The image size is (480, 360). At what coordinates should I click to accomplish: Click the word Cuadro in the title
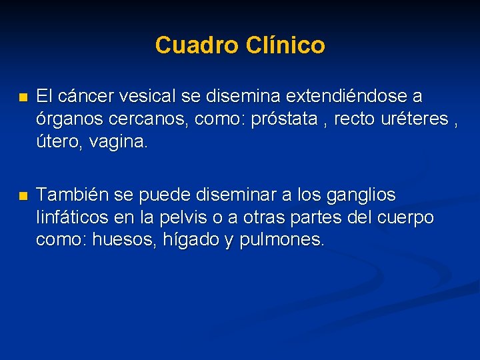(x=197, y=45)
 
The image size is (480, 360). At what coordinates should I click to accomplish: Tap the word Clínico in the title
(x=285, y=45)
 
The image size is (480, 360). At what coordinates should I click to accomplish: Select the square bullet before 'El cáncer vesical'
(x=23, y=97)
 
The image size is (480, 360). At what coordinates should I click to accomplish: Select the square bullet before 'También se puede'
(x=23, y=196)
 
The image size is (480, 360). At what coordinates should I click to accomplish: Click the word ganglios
(x=361, y=195)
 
